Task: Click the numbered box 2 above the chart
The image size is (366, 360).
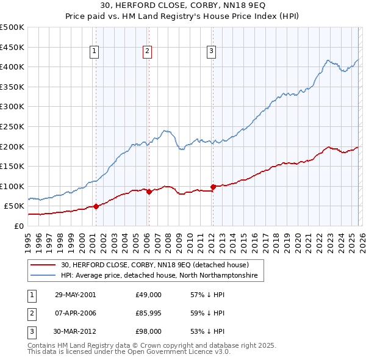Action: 148,52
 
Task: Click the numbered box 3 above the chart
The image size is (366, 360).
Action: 211,52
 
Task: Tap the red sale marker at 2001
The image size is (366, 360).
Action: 96,206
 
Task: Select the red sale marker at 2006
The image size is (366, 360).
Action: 149,192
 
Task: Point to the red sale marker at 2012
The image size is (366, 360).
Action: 213,187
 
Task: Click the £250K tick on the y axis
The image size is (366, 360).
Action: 12,126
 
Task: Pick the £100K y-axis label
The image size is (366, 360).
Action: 12,186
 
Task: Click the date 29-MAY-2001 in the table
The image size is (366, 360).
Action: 75,295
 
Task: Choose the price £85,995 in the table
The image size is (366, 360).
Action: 149,313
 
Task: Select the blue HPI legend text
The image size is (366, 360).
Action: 159,276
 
